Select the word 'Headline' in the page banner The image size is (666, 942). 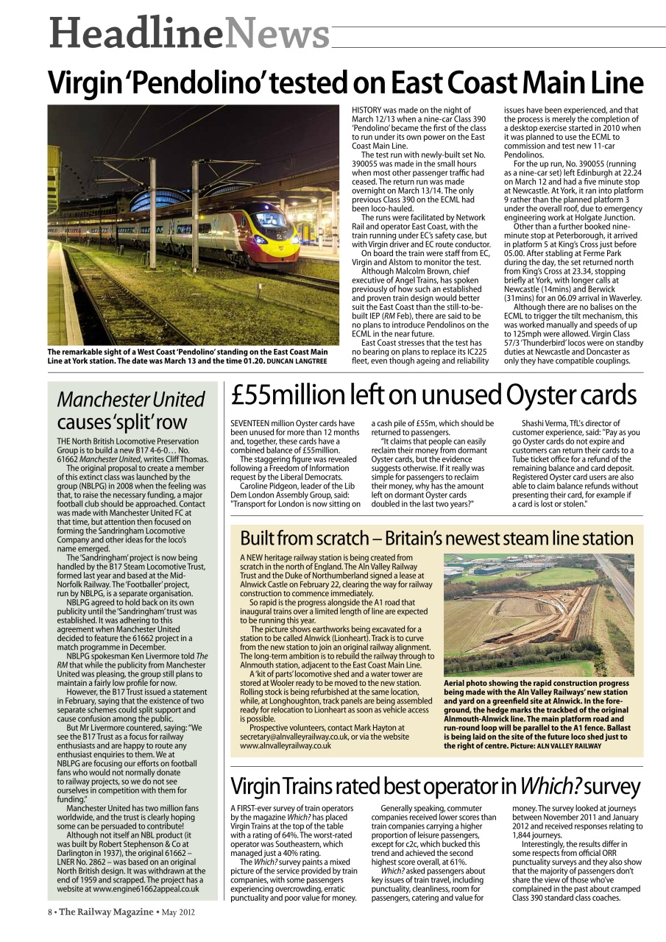coord(135,33)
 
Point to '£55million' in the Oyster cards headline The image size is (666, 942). coord(282,396)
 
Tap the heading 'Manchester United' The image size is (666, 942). coord(131,400)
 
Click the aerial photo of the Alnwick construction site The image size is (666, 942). coord(539,615)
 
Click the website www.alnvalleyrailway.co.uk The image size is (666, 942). coord(286,746)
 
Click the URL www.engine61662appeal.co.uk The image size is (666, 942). coord(148,888)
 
